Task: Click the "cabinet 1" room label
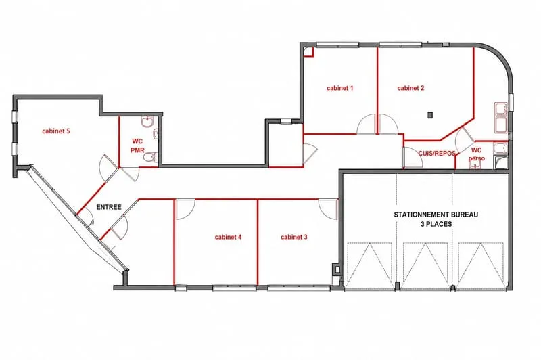(340, 88)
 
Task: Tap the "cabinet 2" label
(410, 88)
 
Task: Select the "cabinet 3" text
(294, 237)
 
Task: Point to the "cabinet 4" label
(228, 237)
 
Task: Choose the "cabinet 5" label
(56, 131)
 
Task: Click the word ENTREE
(109, 207)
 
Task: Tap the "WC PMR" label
(137, 146)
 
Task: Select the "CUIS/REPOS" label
(437, 153)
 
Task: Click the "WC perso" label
(477, 154)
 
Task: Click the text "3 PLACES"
(436, 224)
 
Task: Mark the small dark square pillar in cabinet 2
(430, 115)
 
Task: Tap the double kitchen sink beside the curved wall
(500, 117)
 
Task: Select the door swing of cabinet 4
(185, 209)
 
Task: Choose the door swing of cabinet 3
(328, 209)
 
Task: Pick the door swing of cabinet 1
(367, 125)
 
